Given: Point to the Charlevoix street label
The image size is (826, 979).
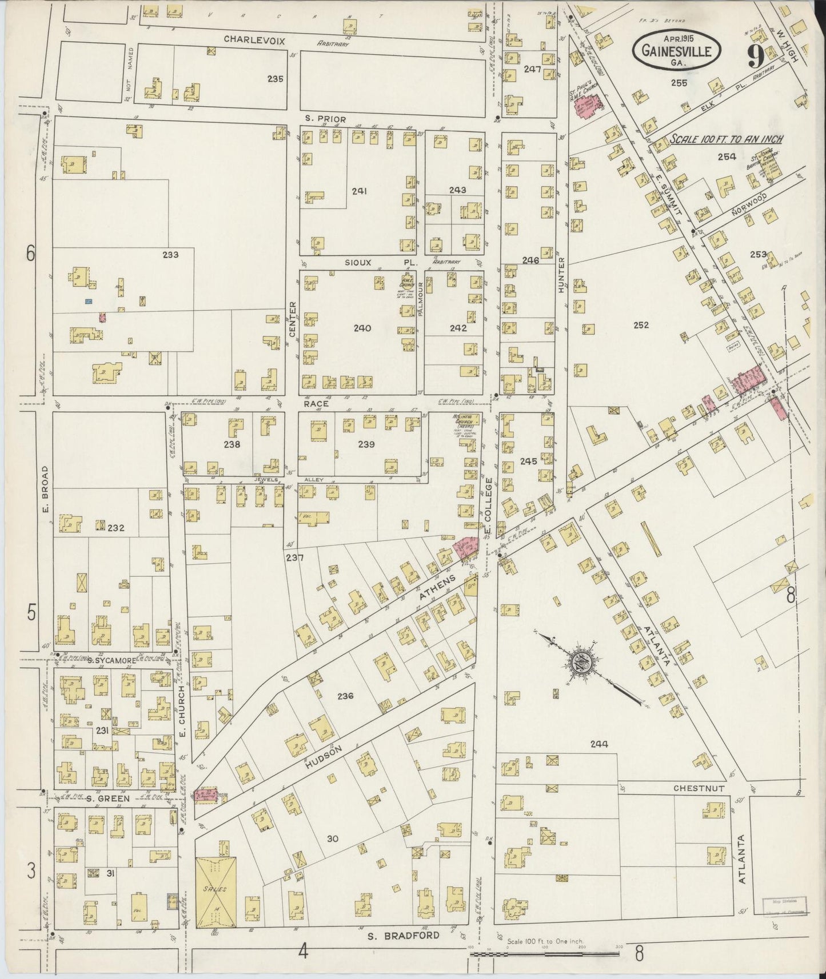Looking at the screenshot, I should pos(254,39).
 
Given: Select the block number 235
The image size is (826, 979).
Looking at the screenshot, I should pos(275,79).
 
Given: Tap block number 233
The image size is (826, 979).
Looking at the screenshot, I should pos(170,255).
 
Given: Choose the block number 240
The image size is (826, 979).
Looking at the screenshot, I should pos(362,328).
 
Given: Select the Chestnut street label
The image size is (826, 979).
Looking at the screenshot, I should pos(699,788).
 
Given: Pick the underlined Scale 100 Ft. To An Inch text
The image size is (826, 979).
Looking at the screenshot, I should pos(726,139).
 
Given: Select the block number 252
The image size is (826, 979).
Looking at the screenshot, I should pos(641,325).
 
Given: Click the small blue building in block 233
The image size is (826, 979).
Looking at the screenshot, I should pos(89,301).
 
